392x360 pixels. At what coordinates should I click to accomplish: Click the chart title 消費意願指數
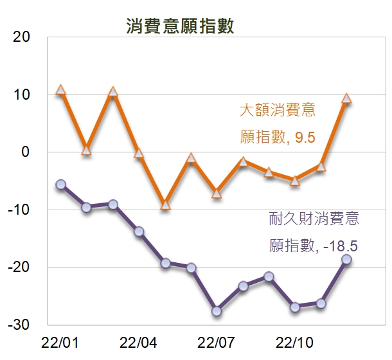(179, 26)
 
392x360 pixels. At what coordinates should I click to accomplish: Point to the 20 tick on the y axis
(22, 37)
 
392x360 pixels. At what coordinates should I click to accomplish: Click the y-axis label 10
(22, 94)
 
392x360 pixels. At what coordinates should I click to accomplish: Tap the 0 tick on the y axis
(26, 152)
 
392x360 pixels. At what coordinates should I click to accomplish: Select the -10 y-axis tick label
(19, 210)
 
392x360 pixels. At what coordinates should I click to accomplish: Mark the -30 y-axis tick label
(19, 325)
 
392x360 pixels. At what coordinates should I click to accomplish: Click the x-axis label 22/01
(60, 341)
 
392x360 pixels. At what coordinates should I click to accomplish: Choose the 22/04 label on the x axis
(139, 341)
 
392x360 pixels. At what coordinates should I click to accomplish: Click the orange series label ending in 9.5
(278, 123)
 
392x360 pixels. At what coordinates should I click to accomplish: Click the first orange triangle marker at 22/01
(61, 90)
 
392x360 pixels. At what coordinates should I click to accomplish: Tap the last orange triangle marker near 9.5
(347, 98)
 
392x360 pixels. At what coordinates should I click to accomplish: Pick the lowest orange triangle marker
(165, 205)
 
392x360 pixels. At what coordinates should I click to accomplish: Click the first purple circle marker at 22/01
(61, 184)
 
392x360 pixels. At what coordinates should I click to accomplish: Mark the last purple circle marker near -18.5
(347, 259)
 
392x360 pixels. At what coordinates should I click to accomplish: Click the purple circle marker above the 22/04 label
(139, 231)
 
